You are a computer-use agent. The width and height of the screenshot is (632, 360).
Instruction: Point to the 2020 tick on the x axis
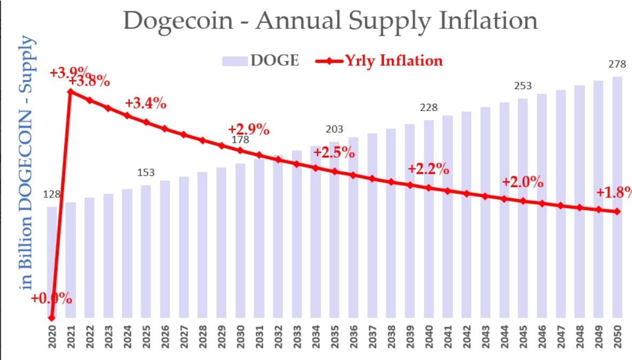tap(52, 338)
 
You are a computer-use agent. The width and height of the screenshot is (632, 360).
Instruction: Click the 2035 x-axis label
tap(334, 338)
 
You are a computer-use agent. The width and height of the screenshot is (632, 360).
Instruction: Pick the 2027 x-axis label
tap(183, 338)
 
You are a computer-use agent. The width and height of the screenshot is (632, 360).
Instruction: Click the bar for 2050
tap(616, 198)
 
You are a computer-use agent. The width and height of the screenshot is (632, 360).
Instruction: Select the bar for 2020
tap(52, 262)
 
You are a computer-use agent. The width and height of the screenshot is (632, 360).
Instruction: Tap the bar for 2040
tap(428, 219)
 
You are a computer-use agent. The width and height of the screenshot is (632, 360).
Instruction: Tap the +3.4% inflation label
tap(145, 104)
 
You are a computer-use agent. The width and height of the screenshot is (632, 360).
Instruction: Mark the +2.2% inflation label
tap(428, 170)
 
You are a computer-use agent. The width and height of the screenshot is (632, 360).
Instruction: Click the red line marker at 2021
tap(71, 91)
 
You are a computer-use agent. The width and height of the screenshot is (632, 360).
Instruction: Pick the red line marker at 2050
tap(617, 211)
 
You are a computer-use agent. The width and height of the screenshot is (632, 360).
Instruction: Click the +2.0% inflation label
tap(522, 182)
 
